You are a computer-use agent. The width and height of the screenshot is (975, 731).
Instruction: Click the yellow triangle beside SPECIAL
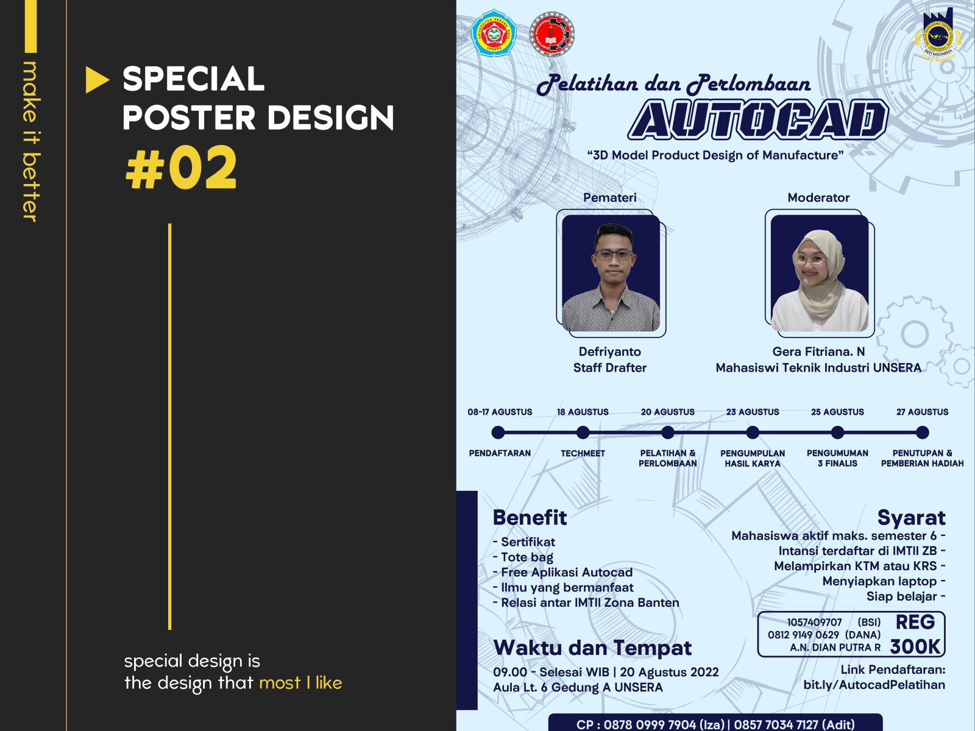click(96, 80)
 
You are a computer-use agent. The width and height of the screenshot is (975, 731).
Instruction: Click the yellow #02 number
click(181, 168)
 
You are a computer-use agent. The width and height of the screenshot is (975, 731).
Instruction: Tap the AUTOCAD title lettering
click(757, 120)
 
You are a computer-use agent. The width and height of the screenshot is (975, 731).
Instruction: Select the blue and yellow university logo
click(494, 34)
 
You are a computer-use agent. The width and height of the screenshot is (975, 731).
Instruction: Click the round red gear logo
click(552, 34)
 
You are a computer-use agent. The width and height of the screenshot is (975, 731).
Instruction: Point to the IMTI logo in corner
click(937, 35)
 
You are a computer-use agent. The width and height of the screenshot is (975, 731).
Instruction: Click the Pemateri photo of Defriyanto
click(611, 273)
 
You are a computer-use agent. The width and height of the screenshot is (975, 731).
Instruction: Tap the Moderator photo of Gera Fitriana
click(820, 273)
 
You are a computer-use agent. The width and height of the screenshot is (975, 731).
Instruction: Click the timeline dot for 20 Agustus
click(668, 433)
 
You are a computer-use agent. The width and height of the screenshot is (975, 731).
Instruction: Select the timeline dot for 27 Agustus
click(922, 433)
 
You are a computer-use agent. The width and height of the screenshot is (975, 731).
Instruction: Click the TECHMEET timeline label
click(583, 453)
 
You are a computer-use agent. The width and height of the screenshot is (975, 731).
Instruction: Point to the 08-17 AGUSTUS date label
click(500, 412)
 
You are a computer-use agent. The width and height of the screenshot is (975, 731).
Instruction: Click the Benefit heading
click(530, 517)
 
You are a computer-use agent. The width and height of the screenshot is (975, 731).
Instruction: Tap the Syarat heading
click(911, 517)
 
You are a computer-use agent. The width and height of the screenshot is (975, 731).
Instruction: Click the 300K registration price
click(915, 646)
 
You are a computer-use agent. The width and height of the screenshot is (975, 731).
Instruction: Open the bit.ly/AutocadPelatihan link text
click(874, 685)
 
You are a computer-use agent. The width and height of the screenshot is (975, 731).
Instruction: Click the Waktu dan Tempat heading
click(592, 648)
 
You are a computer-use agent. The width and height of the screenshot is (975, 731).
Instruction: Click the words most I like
click(300, 683)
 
